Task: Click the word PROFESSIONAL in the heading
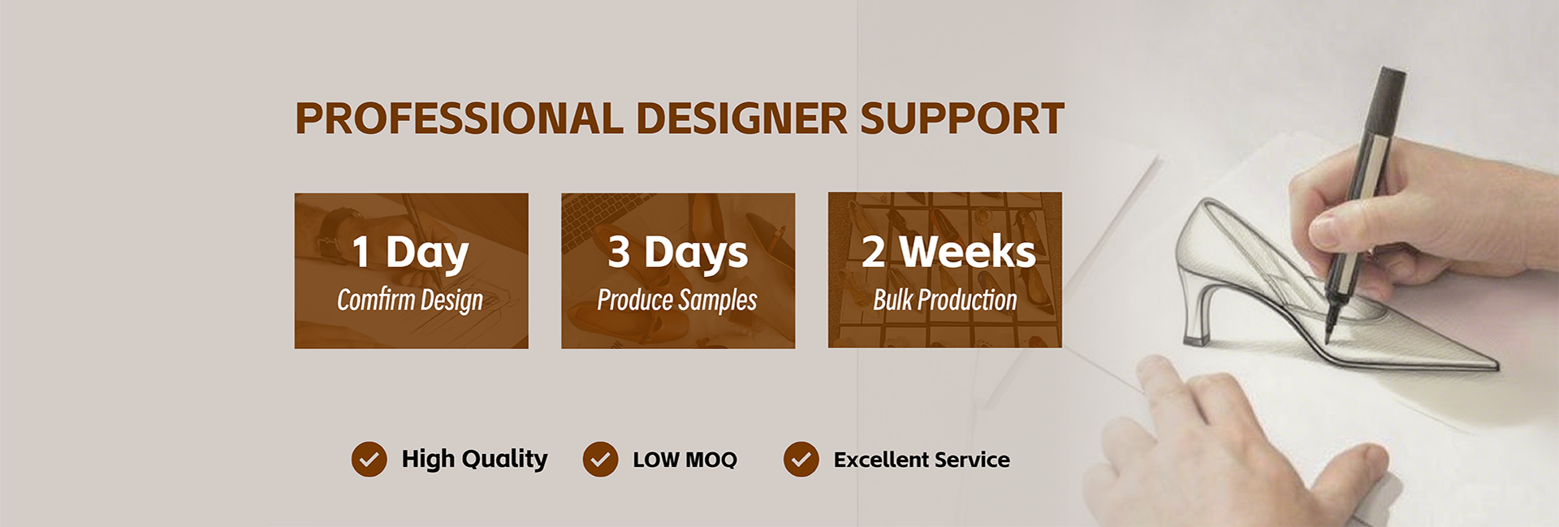460,119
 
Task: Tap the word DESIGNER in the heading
742,119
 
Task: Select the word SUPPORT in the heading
962,119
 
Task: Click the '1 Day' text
410,253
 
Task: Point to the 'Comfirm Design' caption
410,300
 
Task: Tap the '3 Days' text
678,252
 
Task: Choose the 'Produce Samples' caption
677,300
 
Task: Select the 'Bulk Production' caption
945,300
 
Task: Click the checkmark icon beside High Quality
369,460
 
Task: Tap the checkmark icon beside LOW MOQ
600,460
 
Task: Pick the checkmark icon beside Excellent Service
801,460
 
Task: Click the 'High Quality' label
474,459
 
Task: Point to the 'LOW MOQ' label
684,460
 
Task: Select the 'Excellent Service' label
922,460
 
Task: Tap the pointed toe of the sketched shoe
1490,365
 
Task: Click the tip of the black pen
1328,339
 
